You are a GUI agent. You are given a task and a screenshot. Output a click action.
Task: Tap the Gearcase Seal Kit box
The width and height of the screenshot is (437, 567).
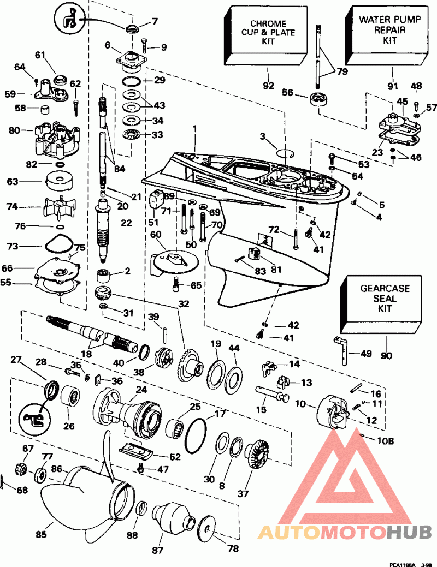pyautogui.click(x=381, y=304)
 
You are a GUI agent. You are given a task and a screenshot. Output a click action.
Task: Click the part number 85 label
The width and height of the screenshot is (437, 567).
pyautogui.click(x=42, y=533)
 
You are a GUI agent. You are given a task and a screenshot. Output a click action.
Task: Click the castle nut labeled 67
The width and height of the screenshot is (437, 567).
pyautogui.click(x=21, y=469)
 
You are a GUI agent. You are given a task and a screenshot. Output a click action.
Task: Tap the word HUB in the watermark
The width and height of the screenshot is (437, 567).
pyautogui.click(x=409, y=532)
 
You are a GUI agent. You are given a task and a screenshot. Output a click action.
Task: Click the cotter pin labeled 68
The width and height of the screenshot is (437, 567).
pyautogui.click(x=3, y=482)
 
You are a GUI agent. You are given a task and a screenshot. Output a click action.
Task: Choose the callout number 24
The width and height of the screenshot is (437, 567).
pyautogui.click(x=141, y=390)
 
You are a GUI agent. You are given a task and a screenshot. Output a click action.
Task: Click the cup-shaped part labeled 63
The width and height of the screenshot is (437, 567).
pyautogui.click(x=58, y=182)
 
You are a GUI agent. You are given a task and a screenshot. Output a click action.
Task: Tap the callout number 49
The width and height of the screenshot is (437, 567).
pyautogui.click(x=365, y=353)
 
